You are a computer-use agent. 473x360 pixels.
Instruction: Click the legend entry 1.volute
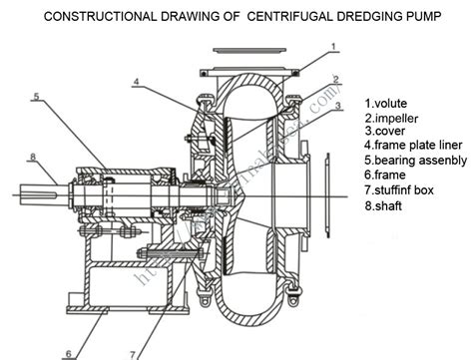(387, 104)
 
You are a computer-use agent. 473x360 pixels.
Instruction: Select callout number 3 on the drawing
(339, 105)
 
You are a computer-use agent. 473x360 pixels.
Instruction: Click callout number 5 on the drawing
(35, 97)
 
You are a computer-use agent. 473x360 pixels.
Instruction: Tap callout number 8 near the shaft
(34, 157)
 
